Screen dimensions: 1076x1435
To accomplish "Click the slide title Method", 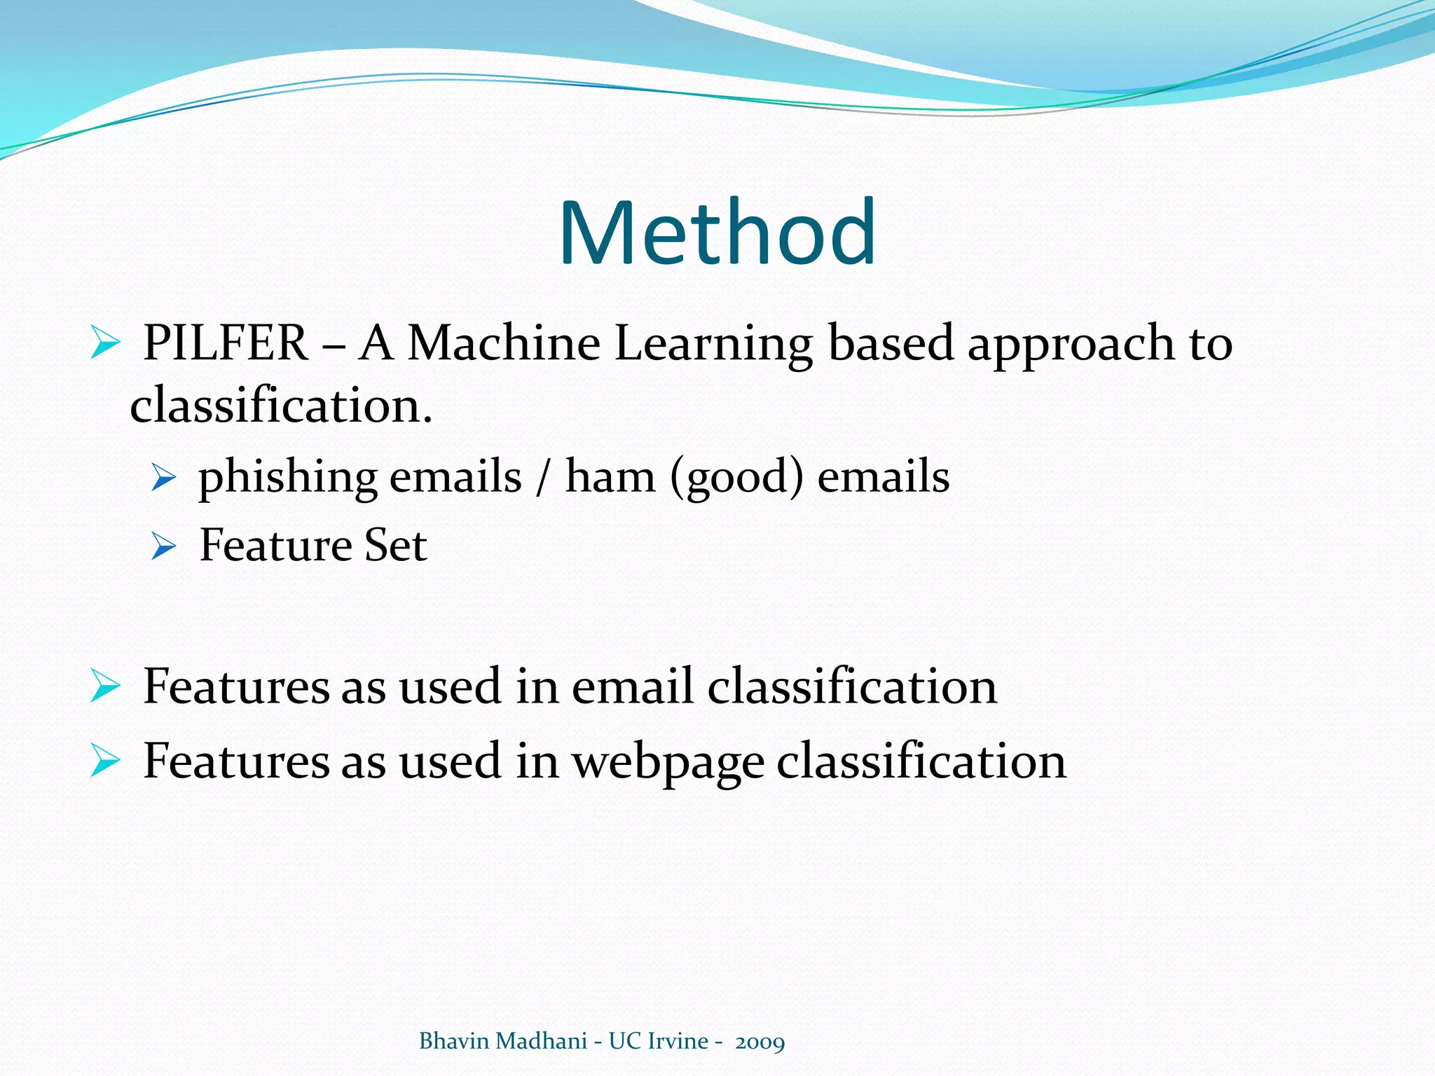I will [x=717, y=233].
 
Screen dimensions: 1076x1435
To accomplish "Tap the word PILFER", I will [x=226, y=343].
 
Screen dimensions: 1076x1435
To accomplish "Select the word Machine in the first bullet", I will [x=504, y=343].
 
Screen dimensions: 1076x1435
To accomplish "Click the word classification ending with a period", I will [x=281, y=406].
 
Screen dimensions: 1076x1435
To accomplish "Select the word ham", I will [x=610, y=476].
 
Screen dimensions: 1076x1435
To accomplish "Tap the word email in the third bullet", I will [x=631, y=687].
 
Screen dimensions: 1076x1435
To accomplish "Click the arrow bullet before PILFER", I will [x=105, y=345].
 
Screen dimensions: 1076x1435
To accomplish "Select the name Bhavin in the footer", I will [x=454, y=1041].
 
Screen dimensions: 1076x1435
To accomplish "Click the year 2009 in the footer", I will [x=760, y=1042].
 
